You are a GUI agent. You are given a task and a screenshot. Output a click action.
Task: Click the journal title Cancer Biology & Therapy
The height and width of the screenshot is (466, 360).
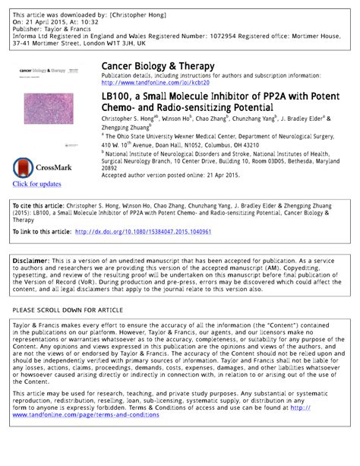(157, 67)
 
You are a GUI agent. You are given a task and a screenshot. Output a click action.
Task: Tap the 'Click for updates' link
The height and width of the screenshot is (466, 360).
(36, 184)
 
